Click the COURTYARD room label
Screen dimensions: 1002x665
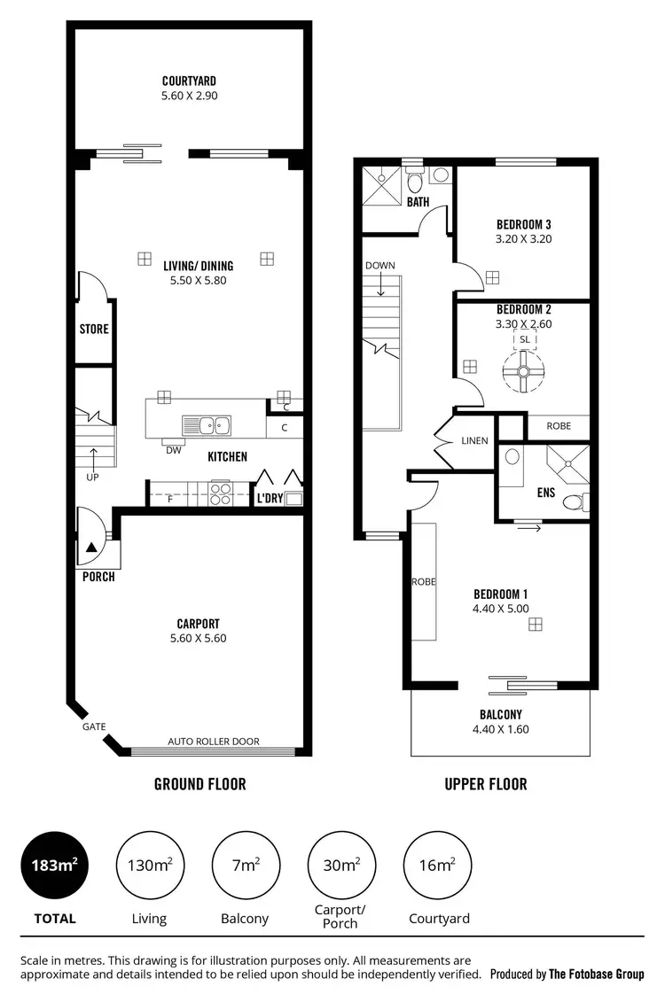pyautogui.click(x=189, y=81)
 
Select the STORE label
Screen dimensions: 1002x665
pyautogui.click(x=94, y=330)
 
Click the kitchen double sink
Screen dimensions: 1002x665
pyautogui.click(x=206, y=425)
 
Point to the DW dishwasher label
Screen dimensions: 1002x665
pyautogui.click(x=173, y=450)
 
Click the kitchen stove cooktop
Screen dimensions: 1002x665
pyautogui.click(x=220, y=492)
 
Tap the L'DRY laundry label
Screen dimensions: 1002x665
pyautogui.click(x=270, y=499)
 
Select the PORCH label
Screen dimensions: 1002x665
pyautogui.click(x=97, y=577)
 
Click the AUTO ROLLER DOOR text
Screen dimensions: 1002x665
pyautogui.click(x=214, y=742)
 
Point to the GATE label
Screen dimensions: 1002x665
pyautogui.click(x=94, y=726)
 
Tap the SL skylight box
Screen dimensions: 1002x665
pyautogui.click(x=524, y=339)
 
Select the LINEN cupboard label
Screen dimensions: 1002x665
pyautogui.click(x=474, y=440)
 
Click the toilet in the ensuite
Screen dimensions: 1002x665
pyautogui.click(x=574, y=502)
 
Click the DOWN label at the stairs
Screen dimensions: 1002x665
pyautogui.click(x=379, y=266)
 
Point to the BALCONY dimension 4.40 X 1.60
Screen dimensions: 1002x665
pyautogui.click(x=501, y=729)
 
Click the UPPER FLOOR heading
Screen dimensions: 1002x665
pyautogui.click(x=486, y=784)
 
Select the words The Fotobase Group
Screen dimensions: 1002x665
pyautogui.click(x=597, y=975)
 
